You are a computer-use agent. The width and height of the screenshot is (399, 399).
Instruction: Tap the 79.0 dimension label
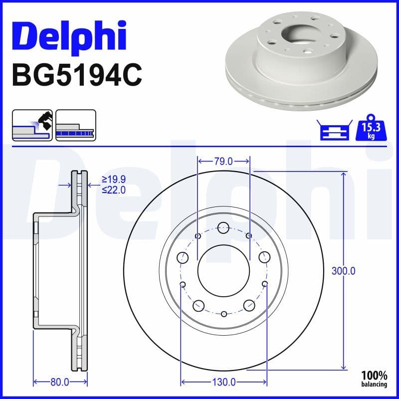click(x=223, y=161)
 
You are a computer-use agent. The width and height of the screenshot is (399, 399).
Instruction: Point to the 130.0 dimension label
click(x=224, y=382)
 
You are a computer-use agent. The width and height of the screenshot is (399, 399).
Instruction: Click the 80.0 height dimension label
click(x=60, y=382)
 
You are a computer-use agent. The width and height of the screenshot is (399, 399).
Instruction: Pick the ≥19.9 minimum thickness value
click(x=113, y=179)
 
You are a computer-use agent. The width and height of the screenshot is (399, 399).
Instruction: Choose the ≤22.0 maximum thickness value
click(x=113, y=190)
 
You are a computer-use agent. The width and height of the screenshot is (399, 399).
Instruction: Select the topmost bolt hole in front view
click(x=223, y=227)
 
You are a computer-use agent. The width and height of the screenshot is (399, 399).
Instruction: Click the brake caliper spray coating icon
click(x=32, y=125)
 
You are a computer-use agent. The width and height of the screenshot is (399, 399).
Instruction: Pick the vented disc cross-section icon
click(x=75, y=125)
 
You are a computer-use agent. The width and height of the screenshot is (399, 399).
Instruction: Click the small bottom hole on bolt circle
click(x=224, y=314)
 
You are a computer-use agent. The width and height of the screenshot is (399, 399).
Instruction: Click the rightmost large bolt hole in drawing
click(x=264, y=257)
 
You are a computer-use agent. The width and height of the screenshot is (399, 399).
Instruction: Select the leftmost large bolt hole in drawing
click(x=183, y=257)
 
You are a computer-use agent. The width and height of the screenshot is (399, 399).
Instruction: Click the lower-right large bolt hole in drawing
click(x=248, y=305)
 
